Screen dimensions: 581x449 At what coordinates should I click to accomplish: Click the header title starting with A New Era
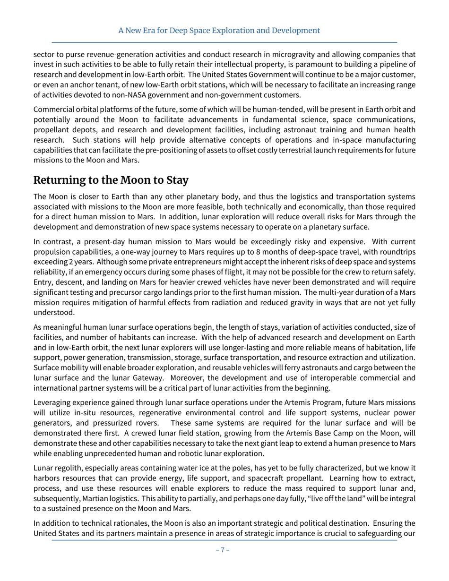pyautogui.click(x=219, y=31)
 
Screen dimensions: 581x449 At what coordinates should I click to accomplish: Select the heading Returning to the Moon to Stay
pyautogui.click(x=111, y=180)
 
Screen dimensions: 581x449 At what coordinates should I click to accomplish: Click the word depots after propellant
pyautogui.click(x=81, y=130)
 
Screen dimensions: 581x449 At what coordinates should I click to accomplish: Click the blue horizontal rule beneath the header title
pyautogui.click(x=224, y=42)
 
